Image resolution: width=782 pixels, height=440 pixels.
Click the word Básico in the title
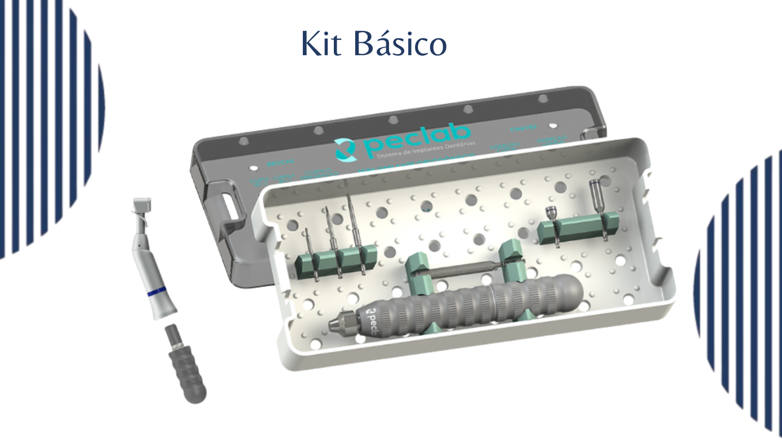pyautogui.click(x=400, y=43)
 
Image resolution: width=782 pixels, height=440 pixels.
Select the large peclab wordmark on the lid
pyautogui.click(x=417, y=140)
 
